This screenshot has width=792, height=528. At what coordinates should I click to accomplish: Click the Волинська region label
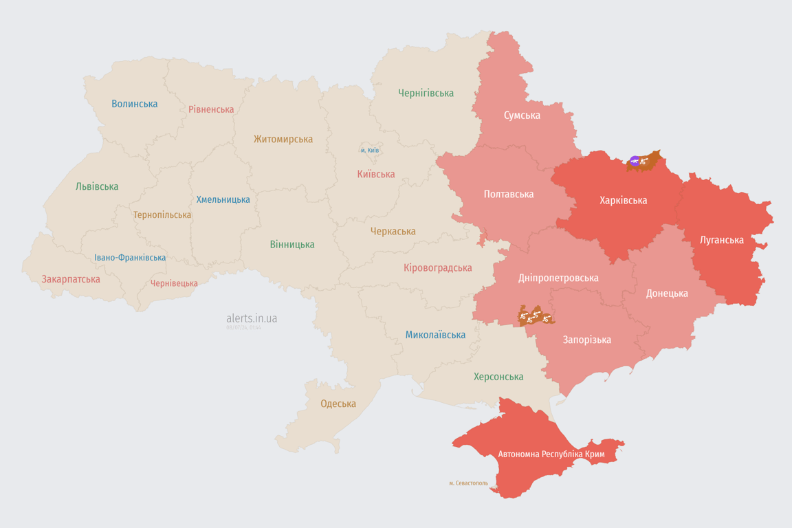tap(135, 104)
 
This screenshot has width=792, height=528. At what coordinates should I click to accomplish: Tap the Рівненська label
tap(211, 109)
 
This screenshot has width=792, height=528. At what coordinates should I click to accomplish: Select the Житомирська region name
tap(283, 139)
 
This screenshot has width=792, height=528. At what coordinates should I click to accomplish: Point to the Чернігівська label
tap(426, 93)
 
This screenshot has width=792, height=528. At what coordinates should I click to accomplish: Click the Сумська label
tap(522, 115)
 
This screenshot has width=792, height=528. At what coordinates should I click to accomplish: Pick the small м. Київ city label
tap(369, 150)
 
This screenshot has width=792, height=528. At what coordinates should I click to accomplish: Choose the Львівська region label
tap(97, 186)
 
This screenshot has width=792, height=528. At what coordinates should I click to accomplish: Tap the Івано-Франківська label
tap(130, 258)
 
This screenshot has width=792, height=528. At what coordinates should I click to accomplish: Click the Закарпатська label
tap(71, 279)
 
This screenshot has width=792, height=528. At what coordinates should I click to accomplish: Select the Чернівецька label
tap(174, 283)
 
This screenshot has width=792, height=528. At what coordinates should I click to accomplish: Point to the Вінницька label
tap(292, 244)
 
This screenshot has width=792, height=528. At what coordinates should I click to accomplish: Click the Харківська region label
tap(623, 200)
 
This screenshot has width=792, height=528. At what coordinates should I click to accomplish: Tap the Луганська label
tap(721, 240)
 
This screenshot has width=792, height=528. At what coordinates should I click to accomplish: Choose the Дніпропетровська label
tap(558, 278)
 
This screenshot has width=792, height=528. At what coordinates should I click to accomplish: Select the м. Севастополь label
tap(468, 483)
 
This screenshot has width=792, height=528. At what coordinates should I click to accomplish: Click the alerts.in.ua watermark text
tap(252, 318)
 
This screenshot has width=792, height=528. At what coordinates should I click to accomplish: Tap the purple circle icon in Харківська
tap(634, 162)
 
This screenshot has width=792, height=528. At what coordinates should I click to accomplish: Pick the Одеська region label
tap(338, 404)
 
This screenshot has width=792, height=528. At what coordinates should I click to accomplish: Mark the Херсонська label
tap(498, 377)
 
